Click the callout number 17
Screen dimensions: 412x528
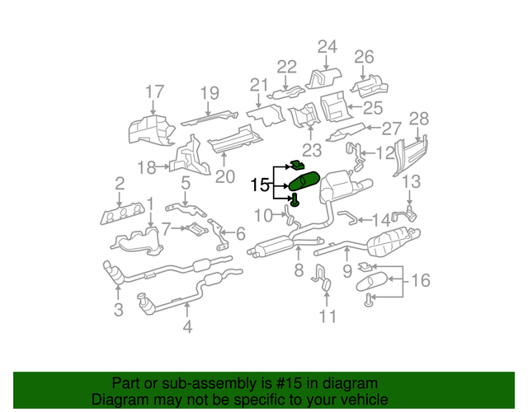pos(155,92)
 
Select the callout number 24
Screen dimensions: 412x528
pos(328,46)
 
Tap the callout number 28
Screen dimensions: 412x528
pos(420,119)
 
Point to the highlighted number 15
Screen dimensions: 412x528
pos(260,185)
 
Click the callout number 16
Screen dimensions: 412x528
pos(420,281)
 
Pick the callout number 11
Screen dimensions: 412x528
pos(328,316)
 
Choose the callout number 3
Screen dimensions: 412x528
pos(119,310)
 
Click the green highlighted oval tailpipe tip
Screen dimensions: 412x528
pos(304,182)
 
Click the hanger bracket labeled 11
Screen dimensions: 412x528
pos(321,278)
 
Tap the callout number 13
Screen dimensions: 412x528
pos(411,182)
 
